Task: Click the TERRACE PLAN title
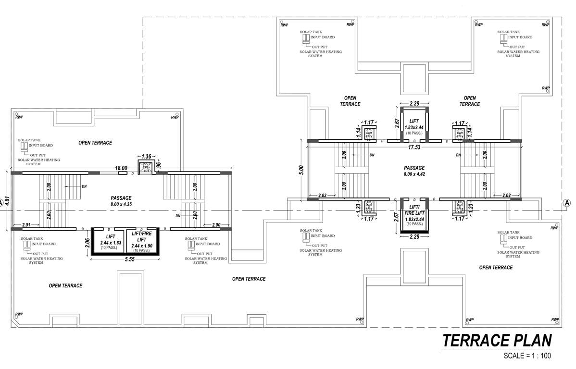click(x=497, y=340)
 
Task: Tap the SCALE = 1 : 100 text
click(x=527, y=356)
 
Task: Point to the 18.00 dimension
click(x=121, y=168)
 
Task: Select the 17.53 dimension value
click(x=414, y=147)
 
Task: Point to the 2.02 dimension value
click(x=506, y=196)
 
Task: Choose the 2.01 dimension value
click(x=26, y=225)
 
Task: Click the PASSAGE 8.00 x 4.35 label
click(x=121, y=201)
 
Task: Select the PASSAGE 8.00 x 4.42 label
click(x=414, y=171)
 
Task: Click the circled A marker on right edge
click(x=567, y=203)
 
